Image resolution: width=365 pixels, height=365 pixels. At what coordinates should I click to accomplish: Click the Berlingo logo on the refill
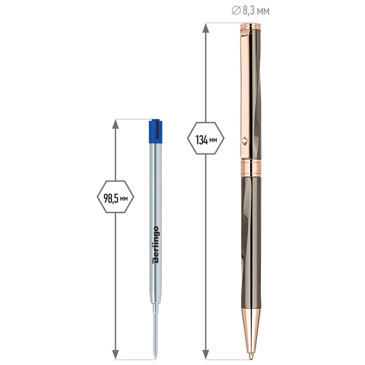[x=156, y=245]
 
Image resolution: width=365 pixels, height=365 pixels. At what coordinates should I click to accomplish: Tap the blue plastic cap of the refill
[x=156, y=131]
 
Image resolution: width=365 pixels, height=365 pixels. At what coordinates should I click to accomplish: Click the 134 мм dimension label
[x=206, y=140]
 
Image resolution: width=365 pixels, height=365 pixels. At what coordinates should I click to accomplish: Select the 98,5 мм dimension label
[x=115, y=198]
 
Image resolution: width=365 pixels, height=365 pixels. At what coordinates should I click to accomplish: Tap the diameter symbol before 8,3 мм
[x=236, y=10]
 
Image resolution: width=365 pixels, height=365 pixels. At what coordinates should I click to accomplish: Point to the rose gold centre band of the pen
[x=251, y=167]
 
